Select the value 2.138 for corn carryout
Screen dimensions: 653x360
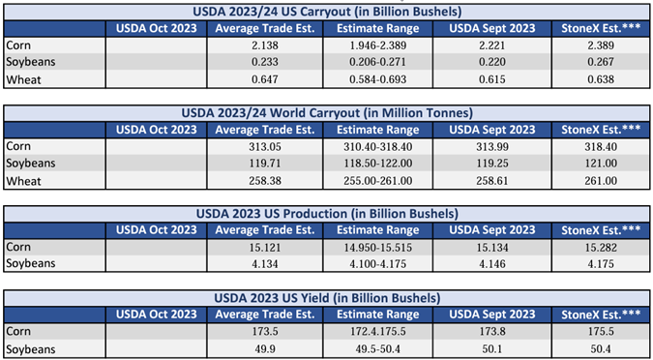click(x=265, y=45)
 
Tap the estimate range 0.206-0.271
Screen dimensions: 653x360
click(x=377, y=62)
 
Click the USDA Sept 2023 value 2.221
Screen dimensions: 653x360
click(x=491, y=45)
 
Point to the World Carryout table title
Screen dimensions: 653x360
click(x=327, y=113)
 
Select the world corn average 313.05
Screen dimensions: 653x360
click(x=265, y=147)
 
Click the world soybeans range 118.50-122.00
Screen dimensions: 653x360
click(x=377, y=164)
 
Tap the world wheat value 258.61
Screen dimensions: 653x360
click(x=491, y=181)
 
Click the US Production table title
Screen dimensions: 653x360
click(x=327, y=214)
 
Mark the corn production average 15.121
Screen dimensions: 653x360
click(x=265, y=248)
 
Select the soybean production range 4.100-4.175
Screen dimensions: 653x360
click(x=377, y=264)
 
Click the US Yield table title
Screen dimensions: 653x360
click(x=327, y=299)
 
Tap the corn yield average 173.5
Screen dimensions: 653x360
click(x=265, y=333)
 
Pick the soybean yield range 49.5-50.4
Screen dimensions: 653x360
click(x=377, y=349)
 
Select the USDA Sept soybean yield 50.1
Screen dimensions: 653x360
click(x=491, y=349)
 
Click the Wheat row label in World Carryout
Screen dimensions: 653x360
click(x=23, y=181)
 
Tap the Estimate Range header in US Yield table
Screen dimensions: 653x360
click(x=377, y=315)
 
